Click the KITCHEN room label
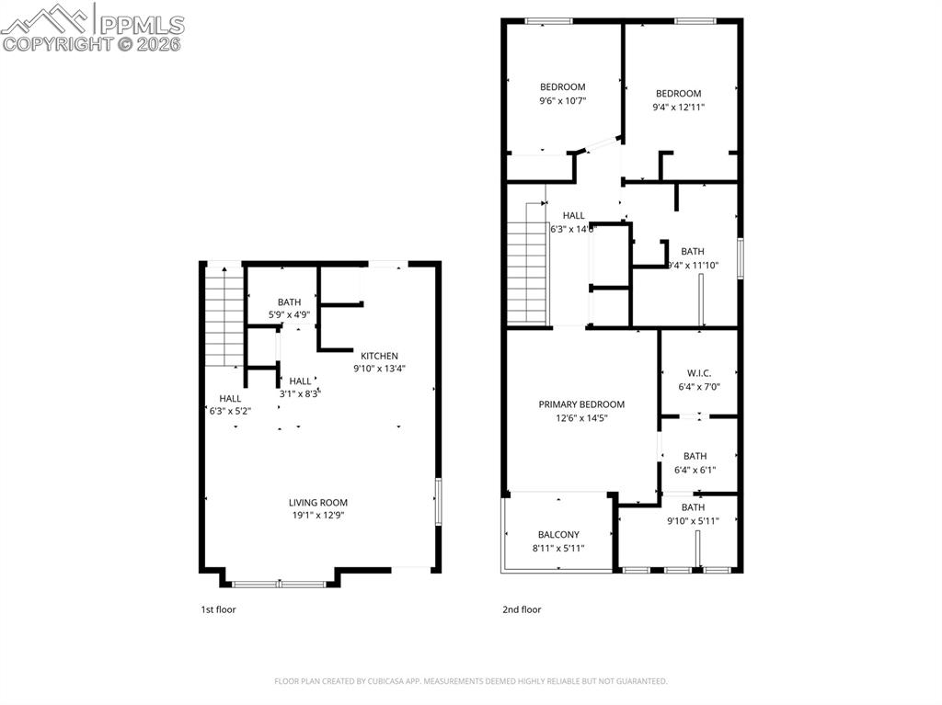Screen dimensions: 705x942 click(379, 356)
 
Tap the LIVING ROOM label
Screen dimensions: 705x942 click(317, 503)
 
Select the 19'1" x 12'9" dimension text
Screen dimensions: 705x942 click(317, 516)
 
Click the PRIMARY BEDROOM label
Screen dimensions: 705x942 click(581, 404)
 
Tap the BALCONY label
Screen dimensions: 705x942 click(558, 535)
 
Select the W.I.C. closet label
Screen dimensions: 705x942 click(698, 373)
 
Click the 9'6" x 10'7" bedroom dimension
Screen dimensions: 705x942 click(562, 101)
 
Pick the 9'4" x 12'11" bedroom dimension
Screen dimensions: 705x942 click(678, 107)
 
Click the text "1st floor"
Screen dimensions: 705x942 click(217, 609)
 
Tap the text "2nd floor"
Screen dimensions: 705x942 click(522, 609)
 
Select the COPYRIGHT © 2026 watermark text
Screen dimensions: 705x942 click(92, 43)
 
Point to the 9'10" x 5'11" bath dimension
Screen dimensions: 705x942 click(693, 521)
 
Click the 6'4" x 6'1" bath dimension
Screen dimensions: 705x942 click(695, 470)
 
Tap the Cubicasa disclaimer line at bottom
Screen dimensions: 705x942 click(471, 681)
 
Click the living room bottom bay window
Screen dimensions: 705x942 click(279, 583)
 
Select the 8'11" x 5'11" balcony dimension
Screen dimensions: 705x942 click(558, 548)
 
